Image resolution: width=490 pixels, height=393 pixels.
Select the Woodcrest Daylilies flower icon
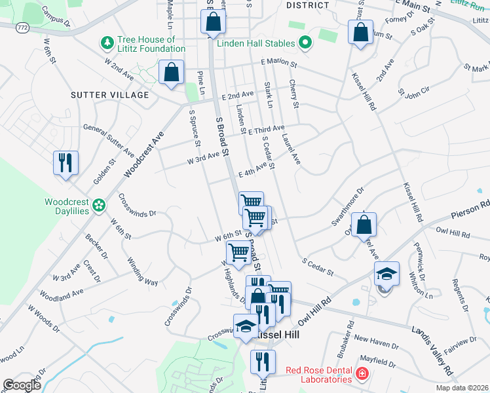(98, 206)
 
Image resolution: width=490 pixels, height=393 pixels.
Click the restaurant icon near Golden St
(66, 162)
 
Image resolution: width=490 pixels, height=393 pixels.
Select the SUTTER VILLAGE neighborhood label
(109, 95)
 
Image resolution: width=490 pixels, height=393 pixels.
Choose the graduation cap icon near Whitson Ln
(386, 274)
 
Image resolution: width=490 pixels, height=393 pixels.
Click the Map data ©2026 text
(461, 388)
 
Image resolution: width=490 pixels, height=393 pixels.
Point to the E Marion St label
(278, 65)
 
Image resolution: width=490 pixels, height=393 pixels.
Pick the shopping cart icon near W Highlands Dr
(238, 252)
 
